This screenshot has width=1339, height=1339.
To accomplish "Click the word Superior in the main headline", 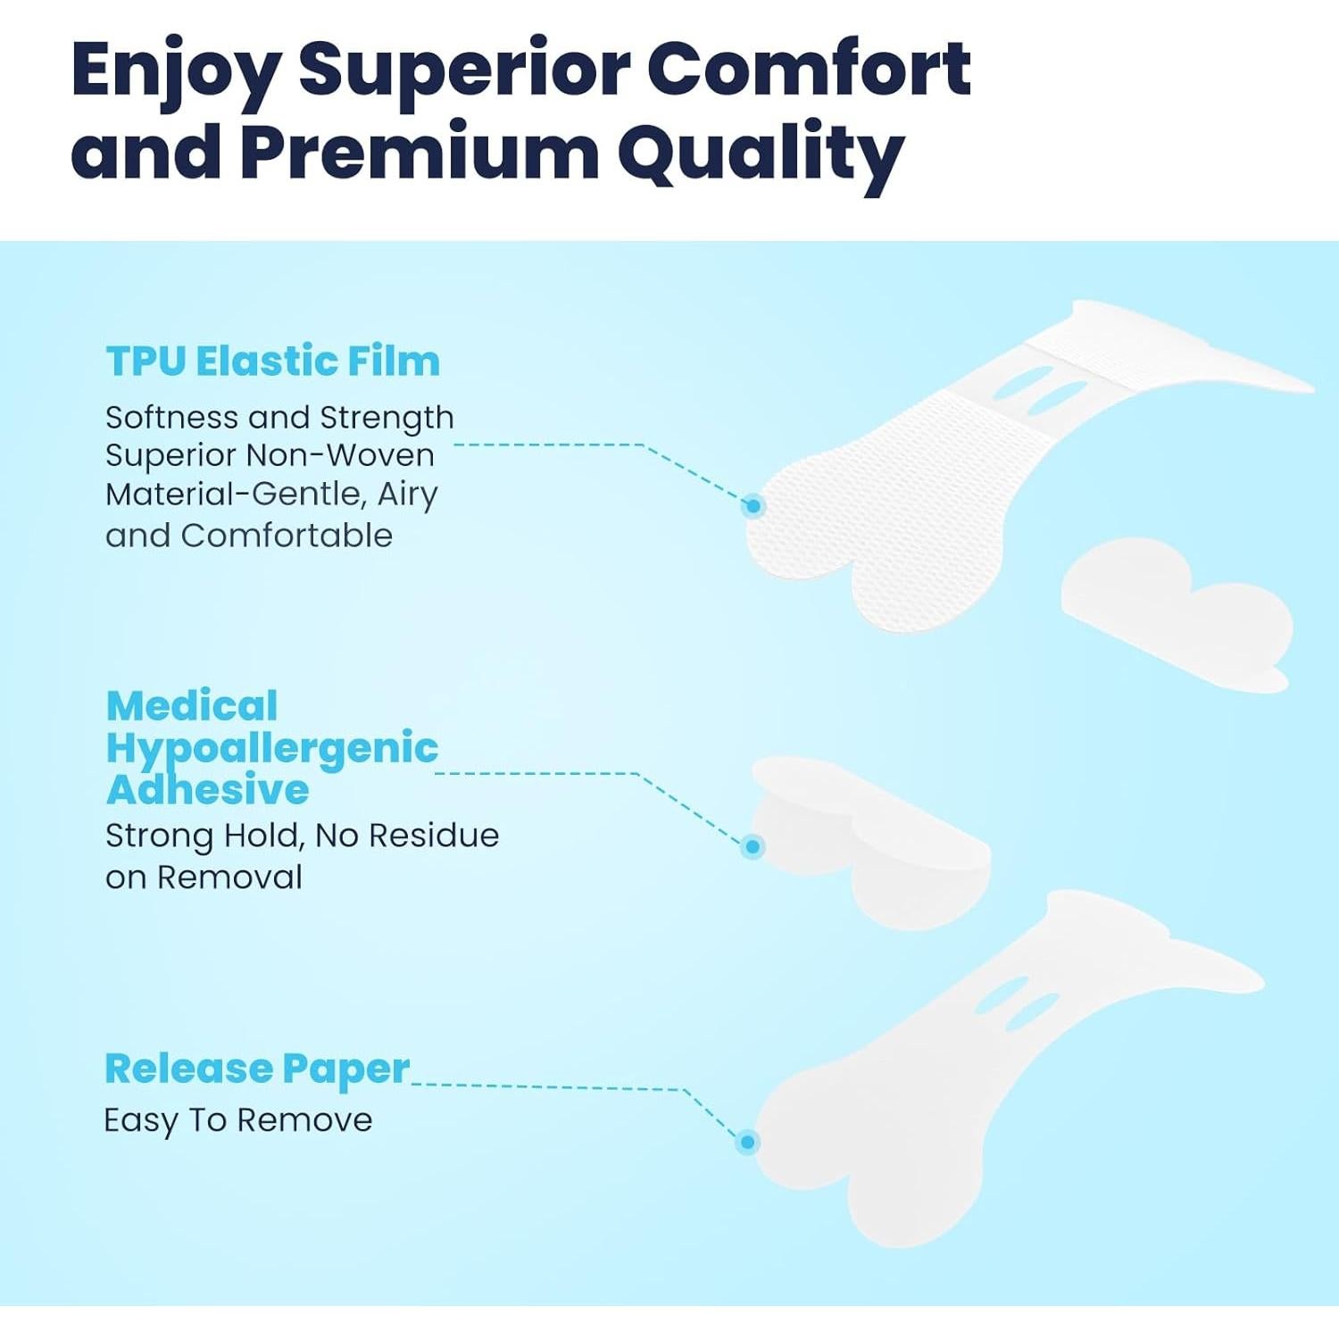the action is [463, 70].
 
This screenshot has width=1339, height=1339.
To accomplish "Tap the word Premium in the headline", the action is [420, 152].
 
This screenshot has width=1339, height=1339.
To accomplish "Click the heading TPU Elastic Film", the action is [273, 362].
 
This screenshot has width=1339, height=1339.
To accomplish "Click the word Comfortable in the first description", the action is [287, 536].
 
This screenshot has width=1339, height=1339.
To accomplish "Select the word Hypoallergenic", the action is [272, 749].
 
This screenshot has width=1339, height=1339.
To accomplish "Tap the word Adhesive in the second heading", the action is [207, 789].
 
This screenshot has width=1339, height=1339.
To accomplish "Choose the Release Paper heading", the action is [257, 1069].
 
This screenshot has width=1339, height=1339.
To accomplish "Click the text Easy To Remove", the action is [238, 1120].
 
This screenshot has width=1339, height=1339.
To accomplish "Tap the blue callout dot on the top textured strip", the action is [753, 506].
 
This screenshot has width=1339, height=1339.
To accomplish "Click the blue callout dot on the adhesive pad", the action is [753, 846].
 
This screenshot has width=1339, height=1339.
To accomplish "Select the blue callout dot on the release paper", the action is [748, 1142].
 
